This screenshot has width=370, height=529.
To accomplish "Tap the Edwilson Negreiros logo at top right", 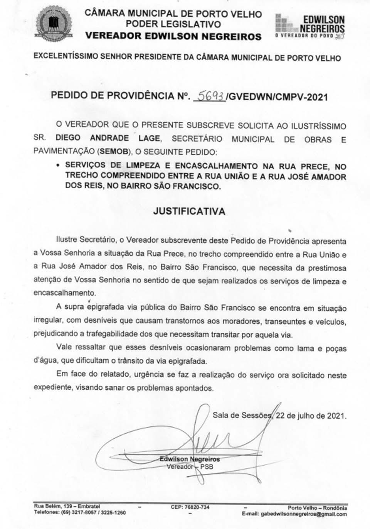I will point(310,26).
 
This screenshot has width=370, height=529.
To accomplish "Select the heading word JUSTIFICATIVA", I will point(189,211).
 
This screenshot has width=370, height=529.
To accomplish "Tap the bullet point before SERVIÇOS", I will point(57,166).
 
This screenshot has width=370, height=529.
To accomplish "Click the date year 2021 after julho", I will point(336,416).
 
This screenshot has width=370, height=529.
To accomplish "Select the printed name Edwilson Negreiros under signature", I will point(190,459).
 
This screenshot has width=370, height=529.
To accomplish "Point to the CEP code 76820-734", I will point(190,507).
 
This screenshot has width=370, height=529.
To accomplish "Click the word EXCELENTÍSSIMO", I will point(66,56).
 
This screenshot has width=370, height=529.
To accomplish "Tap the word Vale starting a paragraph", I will point(64,347).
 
